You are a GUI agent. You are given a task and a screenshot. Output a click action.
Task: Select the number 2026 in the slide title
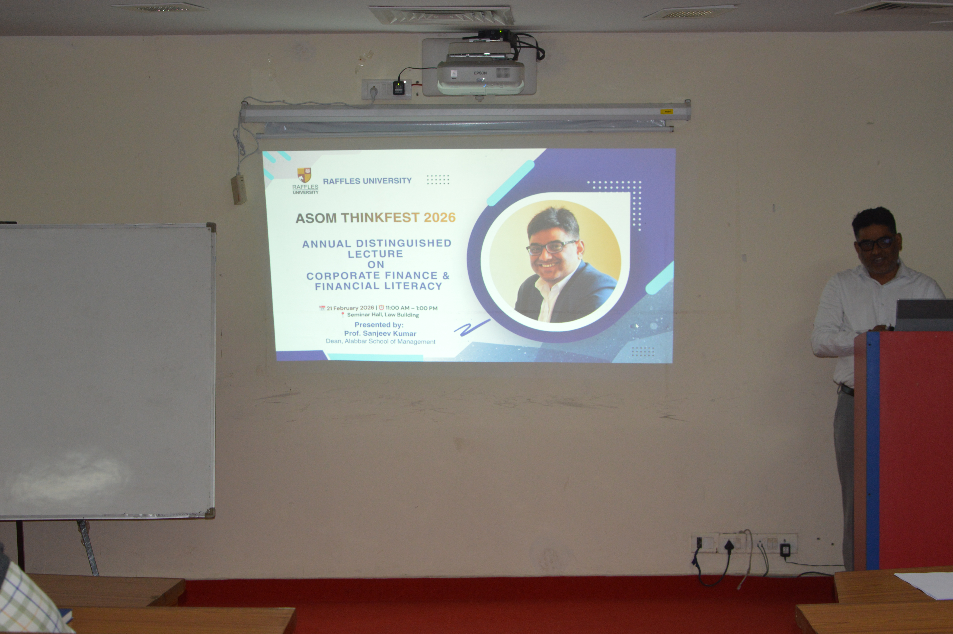(440, 217)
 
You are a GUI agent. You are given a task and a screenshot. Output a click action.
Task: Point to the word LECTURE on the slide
(375, 254)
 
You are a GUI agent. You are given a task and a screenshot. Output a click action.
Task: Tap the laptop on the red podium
(924, 315)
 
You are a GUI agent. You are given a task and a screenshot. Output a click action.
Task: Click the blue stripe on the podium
(872, 451)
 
